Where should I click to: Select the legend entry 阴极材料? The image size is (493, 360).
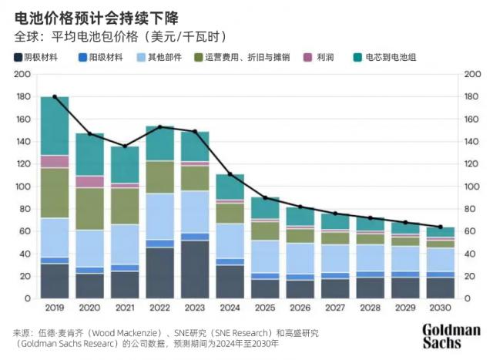pyautogui.click(x=43, y=57)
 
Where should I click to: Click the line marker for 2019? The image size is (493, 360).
pyautogui.click(x=55, y=97)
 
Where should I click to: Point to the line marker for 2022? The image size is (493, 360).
pyautogui.click(x=159, y=126)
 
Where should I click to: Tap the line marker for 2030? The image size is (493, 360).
pyautogui.click(x=441, y=227)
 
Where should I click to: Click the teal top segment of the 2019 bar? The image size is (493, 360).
pyautogui.click(x=55, y=126)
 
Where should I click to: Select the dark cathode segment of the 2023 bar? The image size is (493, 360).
pyautogui.click(x=195, y=270)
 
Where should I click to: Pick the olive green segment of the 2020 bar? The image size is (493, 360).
pyautogui.click(x=89, y=209)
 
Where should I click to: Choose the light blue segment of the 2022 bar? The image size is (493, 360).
pyautogui.click(x=159, y=217)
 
